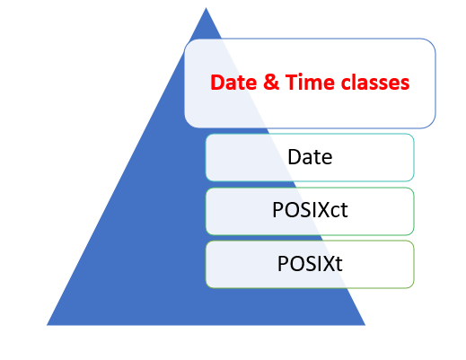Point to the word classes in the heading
click(x=368, y=83)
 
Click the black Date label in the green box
click(x=310, y=157)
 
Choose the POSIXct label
click(x=310, y=211)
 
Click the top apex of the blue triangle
click(x=206, y=9)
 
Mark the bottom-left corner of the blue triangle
click(x=48, y=324)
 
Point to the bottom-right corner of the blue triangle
click(x=365, y=324)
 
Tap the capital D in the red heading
click(x=216, y=83)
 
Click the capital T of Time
click(x=282, y=83)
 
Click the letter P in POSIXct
click(x=277, y=211)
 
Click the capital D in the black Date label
click(x=295, y=157)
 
